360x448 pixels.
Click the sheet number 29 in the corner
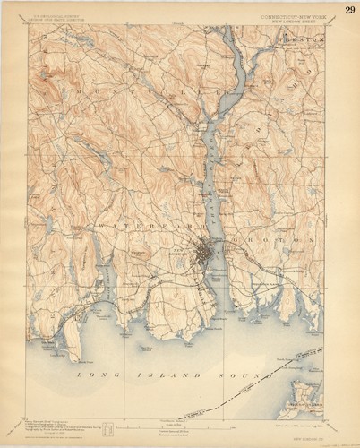tap(348, 10)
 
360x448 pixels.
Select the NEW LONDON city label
tap(183, 253)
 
